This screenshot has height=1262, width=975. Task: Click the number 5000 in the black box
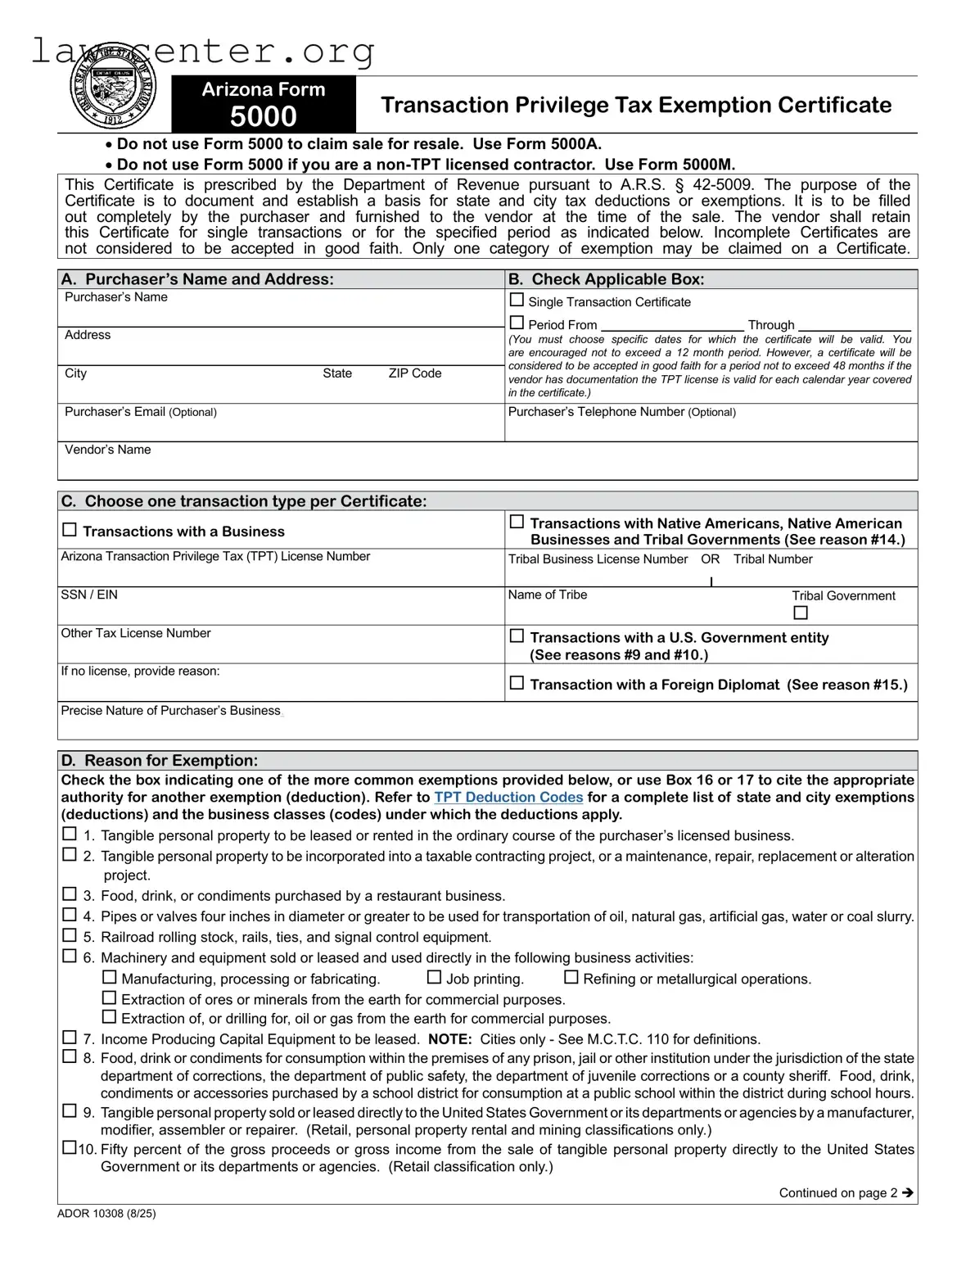coord(263,117)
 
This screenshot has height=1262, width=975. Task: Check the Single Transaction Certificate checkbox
coord(517,301)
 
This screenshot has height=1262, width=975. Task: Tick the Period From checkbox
coord(517,323)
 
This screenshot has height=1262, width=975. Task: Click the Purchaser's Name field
coord(281,314)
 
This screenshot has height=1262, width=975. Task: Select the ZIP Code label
coord(414,373)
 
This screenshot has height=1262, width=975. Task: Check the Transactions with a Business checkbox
coord(70,531)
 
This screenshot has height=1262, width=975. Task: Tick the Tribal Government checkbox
coord(801,613)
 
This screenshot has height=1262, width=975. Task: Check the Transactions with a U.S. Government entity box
coord(517,636)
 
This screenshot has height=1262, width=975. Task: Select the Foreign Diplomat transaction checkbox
coord(517,683)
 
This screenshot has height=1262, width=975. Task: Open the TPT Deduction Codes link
coord(508,798)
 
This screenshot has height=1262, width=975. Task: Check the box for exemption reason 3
coord(70,894)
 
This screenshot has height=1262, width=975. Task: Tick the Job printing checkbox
coord(434,978)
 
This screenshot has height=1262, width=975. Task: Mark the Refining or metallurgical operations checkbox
coord(571,978)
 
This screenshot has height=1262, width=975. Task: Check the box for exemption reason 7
coord(70,1038)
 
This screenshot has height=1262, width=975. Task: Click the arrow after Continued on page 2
coord(907,1193)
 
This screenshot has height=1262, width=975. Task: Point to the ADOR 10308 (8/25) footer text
coord(106,1214)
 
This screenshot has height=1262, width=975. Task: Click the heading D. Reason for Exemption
coord(160,760)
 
